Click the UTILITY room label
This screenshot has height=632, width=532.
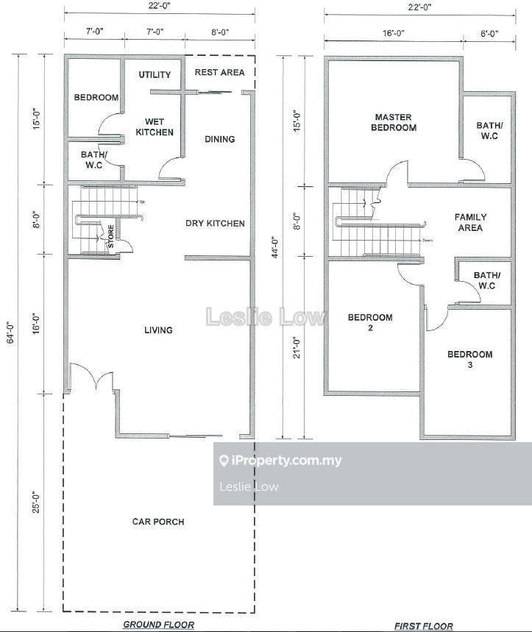click(155, 75)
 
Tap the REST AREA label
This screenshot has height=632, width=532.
click(220, 73)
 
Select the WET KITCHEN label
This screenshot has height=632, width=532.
click(155, 127)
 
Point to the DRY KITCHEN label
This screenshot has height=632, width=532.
click(215, 223)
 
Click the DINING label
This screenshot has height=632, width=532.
click(220, 139)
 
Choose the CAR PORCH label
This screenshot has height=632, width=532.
click(158, 522)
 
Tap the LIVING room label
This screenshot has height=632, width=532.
click(158, 330)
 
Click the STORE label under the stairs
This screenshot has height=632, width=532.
click(111, 237)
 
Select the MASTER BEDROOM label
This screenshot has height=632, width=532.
click(394, 123)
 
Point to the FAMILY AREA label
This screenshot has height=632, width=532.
click(470, 222)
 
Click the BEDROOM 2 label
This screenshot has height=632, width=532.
click(370, 322)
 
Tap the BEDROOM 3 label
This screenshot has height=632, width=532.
click(470, 360)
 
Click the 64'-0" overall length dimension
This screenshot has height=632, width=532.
click(11, 331)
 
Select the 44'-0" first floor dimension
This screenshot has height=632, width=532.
click(276, 247)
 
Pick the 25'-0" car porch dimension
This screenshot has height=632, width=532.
click(36, 502)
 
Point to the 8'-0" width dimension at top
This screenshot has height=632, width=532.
click(220, 32)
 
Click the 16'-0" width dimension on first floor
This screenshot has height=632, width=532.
click(394, 33)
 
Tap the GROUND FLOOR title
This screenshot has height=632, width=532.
click(158, 625)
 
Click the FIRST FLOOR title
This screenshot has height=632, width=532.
click(424, 626)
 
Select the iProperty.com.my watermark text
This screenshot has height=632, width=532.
click(280, 461)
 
